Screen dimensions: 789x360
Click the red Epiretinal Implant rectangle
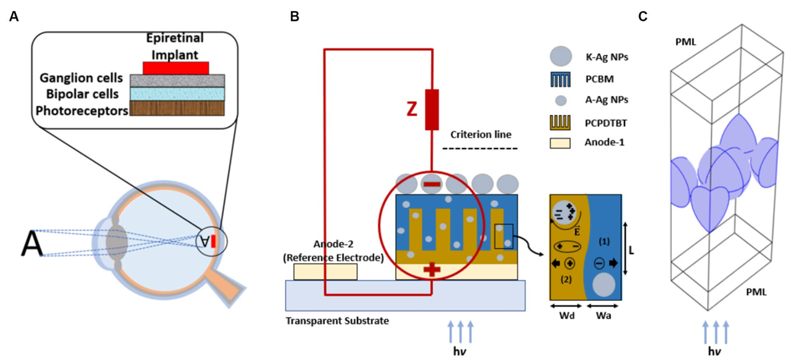pyautogui.click(x=176, y=68)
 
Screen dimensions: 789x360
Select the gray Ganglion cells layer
pyautogui.click(x=177, y=81)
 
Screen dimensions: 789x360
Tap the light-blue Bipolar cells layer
pyautogui.click(x=177, y=94)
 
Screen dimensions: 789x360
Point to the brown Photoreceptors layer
pyautogui.click(x=177, y=108)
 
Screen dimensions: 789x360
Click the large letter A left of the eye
pyautogui.click(x=31, y=243)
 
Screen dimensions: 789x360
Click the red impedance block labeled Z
pyautogui.click(x=432, y=110)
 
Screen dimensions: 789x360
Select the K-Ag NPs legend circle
pyautogui.click(x=561, y=56)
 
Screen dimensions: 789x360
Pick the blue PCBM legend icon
pyautogui.click(x=560, y=80)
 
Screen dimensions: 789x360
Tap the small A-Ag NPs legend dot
pyautogui.click(x=561, y=100)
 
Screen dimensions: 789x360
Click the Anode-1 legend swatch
pyautogui.click(x=560, y=142)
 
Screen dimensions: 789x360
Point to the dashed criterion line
pyautogui.click(x=480, y=149)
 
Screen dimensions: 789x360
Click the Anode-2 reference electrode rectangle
pyautogui.click(x=325, y=272)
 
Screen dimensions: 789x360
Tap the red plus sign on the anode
pyautogui.click(x=432, y=270)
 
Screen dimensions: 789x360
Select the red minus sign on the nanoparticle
pyautogui.click(x=432, y=184)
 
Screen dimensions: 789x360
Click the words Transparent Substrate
pyautogui.click(x=337, y=321)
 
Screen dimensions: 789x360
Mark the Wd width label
pyautogui.click(x=566, y=316)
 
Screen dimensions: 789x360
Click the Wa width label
pyautogui.click(x=603, y=316)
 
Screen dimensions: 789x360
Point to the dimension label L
pyautogui.click(x=631, y=250)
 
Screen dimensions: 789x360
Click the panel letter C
pyautogui.click(x=643, y=16)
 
